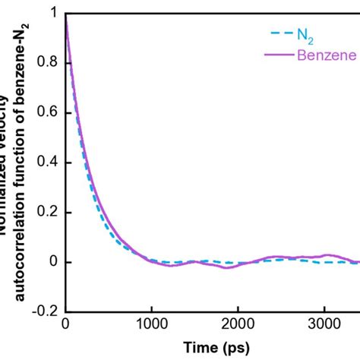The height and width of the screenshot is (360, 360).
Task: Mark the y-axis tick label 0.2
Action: [45, 213]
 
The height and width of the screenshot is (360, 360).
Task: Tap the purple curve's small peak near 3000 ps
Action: [327, 255]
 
